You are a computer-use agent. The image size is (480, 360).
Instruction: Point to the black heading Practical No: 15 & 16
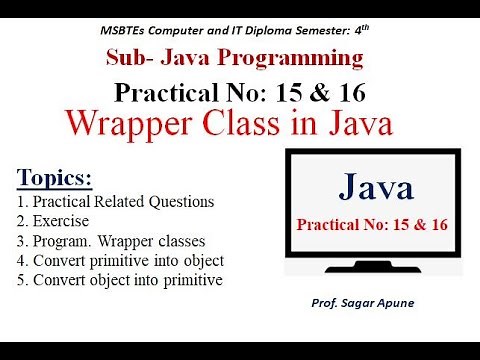pyautogui.click(x=240, y=93)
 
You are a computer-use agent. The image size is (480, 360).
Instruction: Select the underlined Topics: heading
pyautogui.click(x=54, y=179)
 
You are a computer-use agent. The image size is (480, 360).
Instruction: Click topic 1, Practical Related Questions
pyautogui.click(x=115, y=201)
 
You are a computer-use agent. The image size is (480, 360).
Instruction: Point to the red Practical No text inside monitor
pyautogui.click(x=370, y=225)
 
